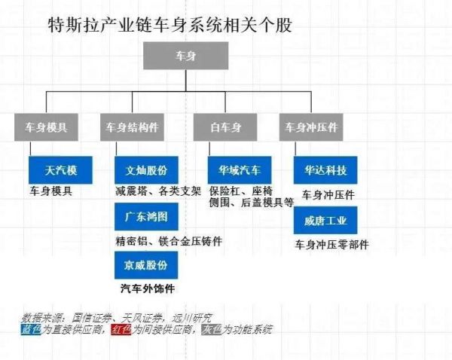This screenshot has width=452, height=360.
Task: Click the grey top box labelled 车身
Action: pyautogui.click(x=186, y=56)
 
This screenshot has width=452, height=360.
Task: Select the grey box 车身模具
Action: pyautogui.click(x=46, y=127)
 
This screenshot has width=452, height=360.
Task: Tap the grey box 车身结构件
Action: pyautogui.click(x=132, y=127)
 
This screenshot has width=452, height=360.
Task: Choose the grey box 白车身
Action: pyautogui.click(x=225, y=127)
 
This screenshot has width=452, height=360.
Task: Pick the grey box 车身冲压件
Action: pyautogui.click(x=311, y=127)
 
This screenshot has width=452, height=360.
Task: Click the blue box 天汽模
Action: pyautogui.click(x=60, y=170)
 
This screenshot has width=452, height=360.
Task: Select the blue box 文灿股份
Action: pyautogui.click(x=146, y=170)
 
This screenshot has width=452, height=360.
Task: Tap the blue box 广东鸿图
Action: pyautogui.click(x=146, y=216)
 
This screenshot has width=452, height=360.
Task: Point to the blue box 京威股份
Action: pyautogui.click(x=146, y=265)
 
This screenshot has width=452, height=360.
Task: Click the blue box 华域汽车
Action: pyautogui.click(x=240, y=170)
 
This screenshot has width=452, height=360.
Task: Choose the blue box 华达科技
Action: pyautogui.click(x=325, y=170)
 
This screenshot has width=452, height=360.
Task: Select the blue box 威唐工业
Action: pyautogui.click(x=325, y=220)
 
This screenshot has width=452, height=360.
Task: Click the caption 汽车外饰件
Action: pyautogui.click(x=148, y=288)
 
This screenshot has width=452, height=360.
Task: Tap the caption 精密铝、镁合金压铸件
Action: pyautogui.click(x=169, y=241)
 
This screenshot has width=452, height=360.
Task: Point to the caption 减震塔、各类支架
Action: pyautogui.click(x=158, y=191)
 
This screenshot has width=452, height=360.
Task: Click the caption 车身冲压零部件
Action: pyautogui.click(x=331, y=245)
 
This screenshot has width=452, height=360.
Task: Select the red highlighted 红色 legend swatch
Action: pyautogui.click(x=121, y=329)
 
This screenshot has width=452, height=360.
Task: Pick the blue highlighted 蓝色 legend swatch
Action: pyautogui.click(x=31, y=329)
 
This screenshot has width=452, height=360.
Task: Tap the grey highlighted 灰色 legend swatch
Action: pyautogui.click(x=211, y=329)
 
